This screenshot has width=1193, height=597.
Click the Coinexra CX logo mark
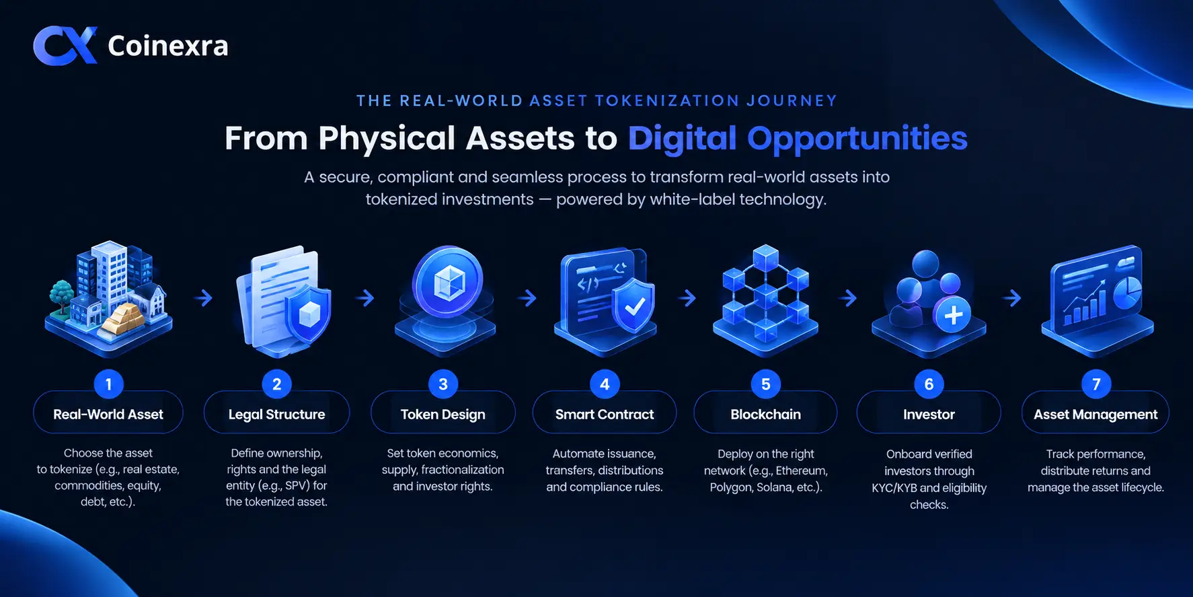tap(65, 46)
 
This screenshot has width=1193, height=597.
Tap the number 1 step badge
tap(108, 384)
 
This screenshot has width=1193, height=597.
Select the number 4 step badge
tap(605, 384)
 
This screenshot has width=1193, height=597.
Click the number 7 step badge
tap(1096, 384)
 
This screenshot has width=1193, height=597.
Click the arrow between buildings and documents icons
tap(203, 297)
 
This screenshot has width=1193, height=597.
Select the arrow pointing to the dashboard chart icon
tap(1011, 297)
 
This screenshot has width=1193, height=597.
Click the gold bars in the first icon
tap(126, 317)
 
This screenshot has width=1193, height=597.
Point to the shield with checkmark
tap(633, 306)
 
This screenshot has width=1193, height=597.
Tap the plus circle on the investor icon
tap(953, 314)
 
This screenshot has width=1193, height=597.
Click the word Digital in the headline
tap(683, 139)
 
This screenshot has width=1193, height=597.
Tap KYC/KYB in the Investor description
tap(894, 488)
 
